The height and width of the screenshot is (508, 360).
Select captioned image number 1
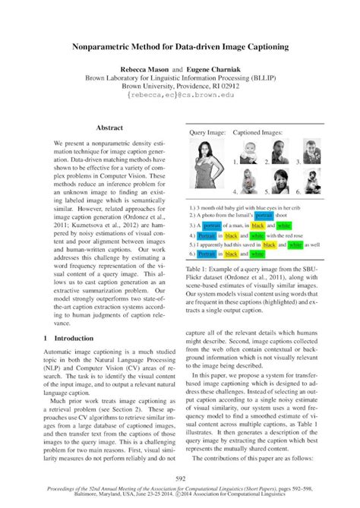click(x=250, y=148)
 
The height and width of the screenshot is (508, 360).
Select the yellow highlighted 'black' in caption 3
click(x=262, y=226)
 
